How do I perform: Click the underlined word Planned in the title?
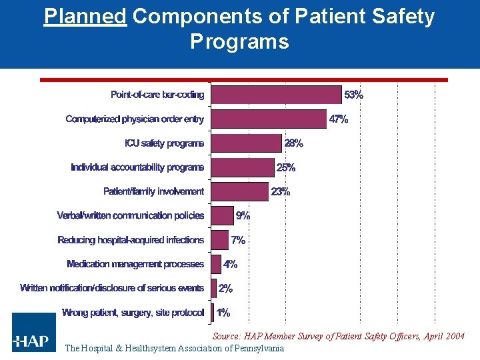click(x=85, y=17)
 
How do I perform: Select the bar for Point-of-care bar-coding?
click(x=276, y=95)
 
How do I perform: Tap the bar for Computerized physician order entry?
click(x=269, y=119)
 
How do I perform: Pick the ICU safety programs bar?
click(x=246, y=143)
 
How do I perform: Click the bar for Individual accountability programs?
click(x=242, y=167)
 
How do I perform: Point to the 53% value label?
click(x=353, y=95)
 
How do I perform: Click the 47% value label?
click(x=338, y=119)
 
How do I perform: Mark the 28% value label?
click(x=294, y=143)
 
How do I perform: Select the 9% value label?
click(x=243, y=215)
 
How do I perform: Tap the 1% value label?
click(x=223, y=312)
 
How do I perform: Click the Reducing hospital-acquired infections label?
click(x=131, y=240)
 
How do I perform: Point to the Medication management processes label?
click(x=135, y=264)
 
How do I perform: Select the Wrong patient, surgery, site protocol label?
click(x=133, y=312)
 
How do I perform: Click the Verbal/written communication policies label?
click(x=131, y=215)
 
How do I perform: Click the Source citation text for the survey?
click(x=338, y=336)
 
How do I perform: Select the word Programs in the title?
click(x=239, y=42)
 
